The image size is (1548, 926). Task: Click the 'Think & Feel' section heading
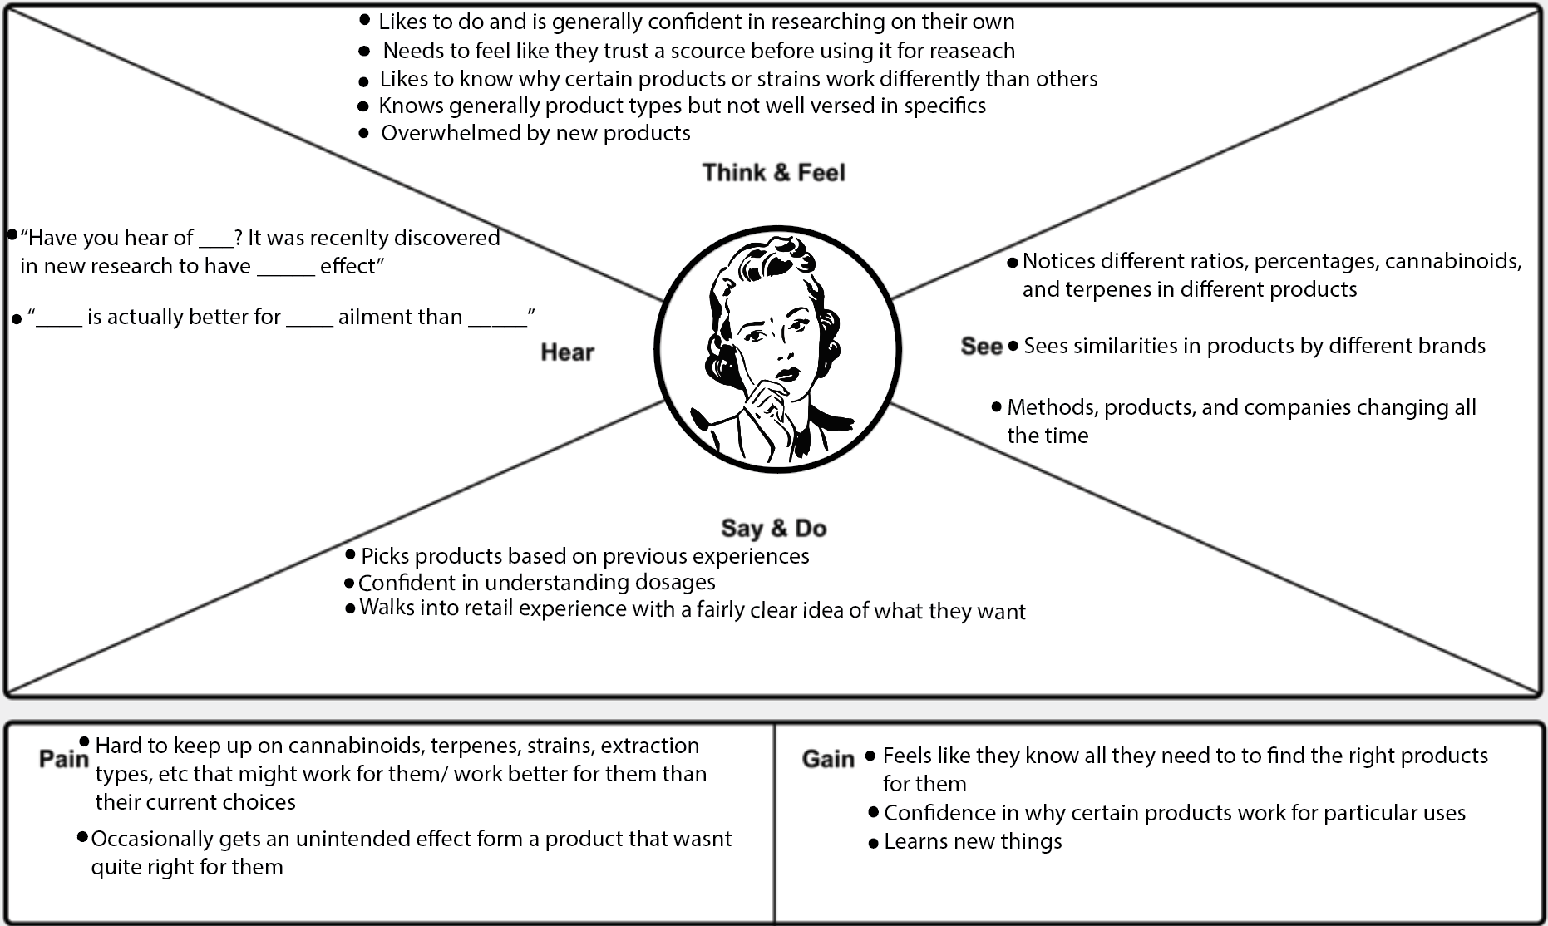pyautogui.click(x=773, y=172)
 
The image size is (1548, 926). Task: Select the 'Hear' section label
pyautogui.click(x=567, y=352)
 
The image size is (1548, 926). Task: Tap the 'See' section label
pyautogui.click(x=980, y=346)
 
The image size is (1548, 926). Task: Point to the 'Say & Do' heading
pyautogui.click(x=773, y=528)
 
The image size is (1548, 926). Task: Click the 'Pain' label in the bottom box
pyautogui.click(x=63, y=759)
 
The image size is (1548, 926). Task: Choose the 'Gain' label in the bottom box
pyautogui.click(x=827, y=759)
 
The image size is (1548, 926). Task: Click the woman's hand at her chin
pyautogui.click(x=769, y=399)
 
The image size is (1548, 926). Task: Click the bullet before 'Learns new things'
pyautogui.click(x=873, y=843)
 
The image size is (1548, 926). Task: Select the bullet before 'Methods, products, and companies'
pyautogui.click(x=997, y=407)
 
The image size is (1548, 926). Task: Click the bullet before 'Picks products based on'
pyautogui.click(x=351, y=554)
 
